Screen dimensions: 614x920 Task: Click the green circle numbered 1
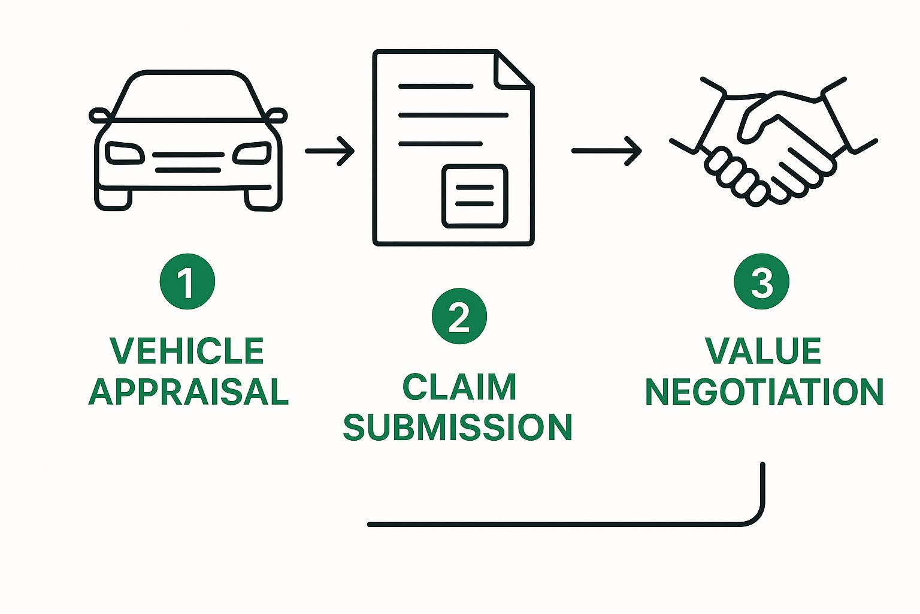(187, 282)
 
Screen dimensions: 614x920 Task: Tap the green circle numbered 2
(459, 317)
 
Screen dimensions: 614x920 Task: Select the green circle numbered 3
(761, 282)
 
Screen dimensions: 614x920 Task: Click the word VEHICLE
(187, 351)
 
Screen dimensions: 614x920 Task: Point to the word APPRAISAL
(189, 392)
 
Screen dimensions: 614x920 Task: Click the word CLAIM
(459, 387)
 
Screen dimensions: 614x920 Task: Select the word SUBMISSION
(458, 428)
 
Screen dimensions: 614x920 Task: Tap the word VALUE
(762, 351)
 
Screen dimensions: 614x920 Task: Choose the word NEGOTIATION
(764, 392)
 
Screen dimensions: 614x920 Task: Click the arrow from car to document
(329, 151)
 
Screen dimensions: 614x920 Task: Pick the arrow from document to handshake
(606, 151)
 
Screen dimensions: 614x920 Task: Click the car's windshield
(188, 96)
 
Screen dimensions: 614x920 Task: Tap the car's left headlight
(125, 153)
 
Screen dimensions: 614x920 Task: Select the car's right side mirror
(276, 116)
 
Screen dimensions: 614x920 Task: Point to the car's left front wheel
(113, 199)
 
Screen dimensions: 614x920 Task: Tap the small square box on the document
(474, 196)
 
